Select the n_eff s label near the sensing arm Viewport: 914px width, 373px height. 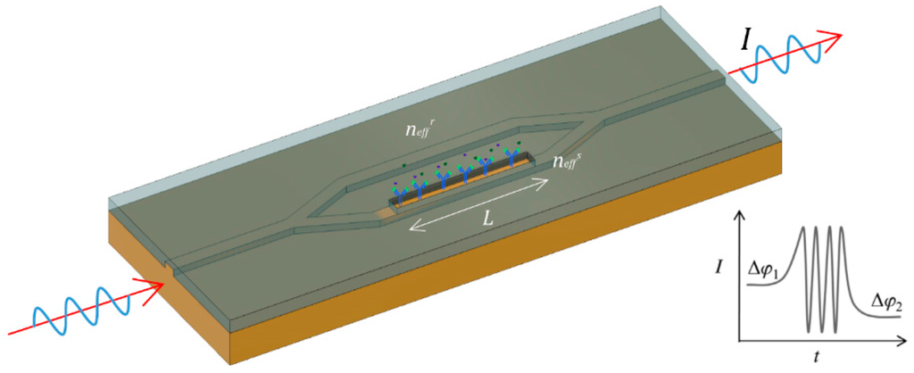click(569, 162)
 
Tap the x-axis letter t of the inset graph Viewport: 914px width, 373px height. click(816, 357)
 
